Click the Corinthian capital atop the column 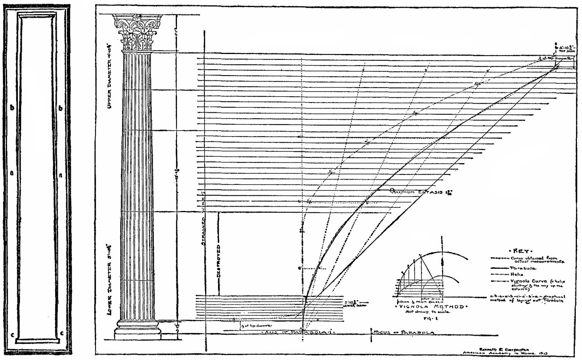[137, 33]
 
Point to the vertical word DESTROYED [218, 261]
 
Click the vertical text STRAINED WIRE [203, 219]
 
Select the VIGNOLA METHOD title [431, 307]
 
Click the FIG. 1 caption [428, 319]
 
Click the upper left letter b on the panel [12, 107]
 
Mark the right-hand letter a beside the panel [60, 176]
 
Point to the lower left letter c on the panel [13, 335]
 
